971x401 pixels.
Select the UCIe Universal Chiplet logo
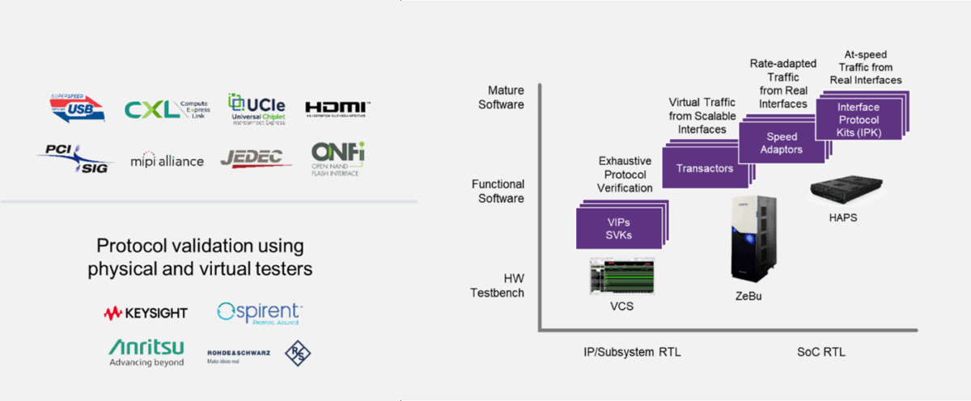tap(257, 109)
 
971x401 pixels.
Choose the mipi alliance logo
tap(167, 161)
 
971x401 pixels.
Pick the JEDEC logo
tap(256, 158)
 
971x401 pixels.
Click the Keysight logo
tap(146, 313)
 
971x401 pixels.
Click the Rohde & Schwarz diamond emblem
tap(298, 352)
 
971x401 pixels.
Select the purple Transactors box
tap(703, 168)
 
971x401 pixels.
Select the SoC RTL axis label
tap(822, 352)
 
